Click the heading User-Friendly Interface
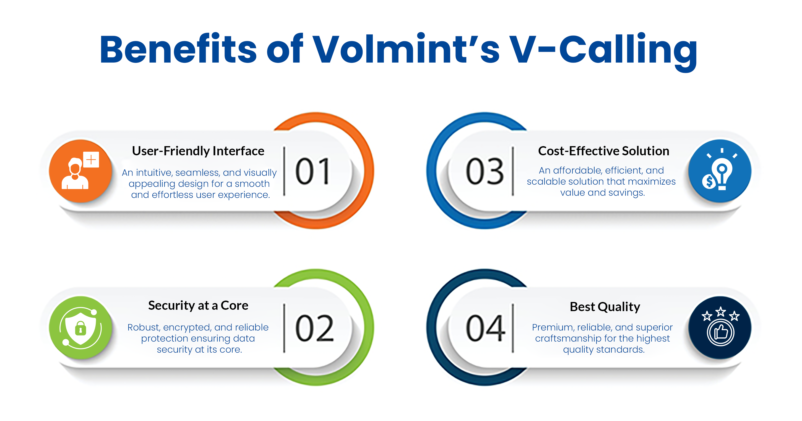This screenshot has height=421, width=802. [198, 151]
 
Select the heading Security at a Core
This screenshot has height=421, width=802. [198, 305]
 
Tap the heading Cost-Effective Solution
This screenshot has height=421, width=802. [604, 151]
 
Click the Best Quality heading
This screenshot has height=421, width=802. [605, 307]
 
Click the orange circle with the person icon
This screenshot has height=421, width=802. [80, 171]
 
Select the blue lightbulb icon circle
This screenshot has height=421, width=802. [720, 171]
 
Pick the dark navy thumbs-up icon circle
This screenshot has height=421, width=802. [720, 328]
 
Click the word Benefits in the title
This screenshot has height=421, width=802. [178, 49]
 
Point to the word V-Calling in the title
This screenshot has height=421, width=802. [603, 51]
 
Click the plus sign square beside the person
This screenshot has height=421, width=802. [91, 159]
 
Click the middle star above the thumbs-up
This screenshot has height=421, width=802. [720, 311]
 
